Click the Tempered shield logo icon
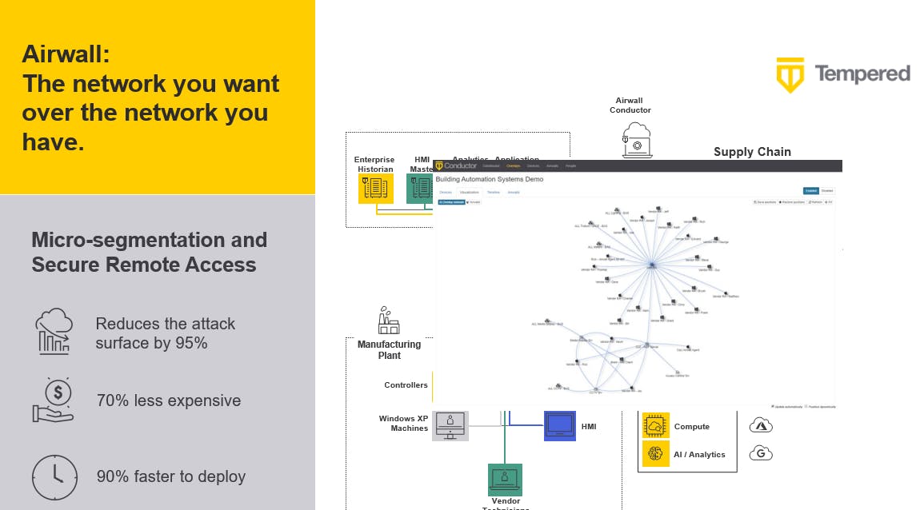(x=790, y=75)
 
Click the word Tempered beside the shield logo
(x=862, y=74)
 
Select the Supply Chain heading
(x=752, y=152)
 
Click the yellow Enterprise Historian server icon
(x=375, y=189)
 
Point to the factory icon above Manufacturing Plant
(x=389, y=321)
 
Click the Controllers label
(x=406, y=385)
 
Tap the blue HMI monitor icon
(x=559, y=425)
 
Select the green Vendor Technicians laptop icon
(x=505, y=480)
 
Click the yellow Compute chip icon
(x=656, y=427)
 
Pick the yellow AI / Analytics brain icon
(x=656, y=454)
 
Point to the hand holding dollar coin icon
(x=54, y=400)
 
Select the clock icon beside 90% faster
(x=54, y=476)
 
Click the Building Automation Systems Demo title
(x=489, y=179)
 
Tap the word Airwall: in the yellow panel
(x=66, y=54)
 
